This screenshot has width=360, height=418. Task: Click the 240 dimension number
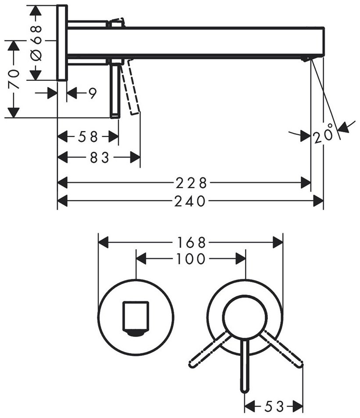[x=190, y=201]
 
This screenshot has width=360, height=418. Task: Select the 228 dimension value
[x=191, y=183]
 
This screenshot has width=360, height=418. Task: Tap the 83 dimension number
[x=99, y=157]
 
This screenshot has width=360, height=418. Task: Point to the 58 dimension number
[x=88, y=137]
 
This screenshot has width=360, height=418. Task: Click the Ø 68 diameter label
[x=36, y=43]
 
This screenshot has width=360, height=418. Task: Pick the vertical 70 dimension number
[x=14, y=79]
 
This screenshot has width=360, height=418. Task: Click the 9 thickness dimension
[x=92, y=93]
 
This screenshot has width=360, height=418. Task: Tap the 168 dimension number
[x=191, y=243]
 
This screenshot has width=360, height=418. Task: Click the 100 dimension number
[x=191, y=259]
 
